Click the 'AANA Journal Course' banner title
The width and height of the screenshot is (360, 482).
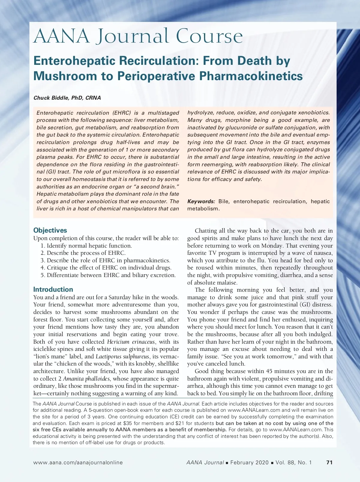(138, 36)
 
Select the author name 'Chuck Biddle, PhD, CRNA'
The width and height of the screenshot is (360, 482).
(67, 98)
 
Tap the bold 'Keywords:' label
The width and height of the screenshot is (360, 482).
(201, 201)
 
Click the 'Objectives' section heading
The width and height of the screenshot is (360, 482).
(50, 230)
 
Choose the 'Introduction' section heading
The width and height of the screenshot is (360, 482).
(53, 289)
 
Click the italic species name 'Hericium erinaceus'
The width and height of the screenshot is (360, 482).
(131, 342)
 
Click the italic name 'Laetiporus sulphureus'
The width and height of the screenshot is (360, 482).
(122, 356)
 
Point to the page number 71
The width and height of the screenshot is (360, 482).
(329, 462)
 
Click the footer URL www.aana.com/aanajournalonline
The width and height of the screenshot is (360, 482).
(78, 462)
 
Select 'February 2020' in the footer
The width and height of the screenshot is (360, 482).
(249, 462)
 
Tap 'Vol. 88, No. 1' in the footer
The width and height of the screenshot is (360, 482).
(294, 462)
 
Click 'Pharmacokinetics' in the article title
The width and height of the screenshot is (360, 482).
(251, 76)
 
